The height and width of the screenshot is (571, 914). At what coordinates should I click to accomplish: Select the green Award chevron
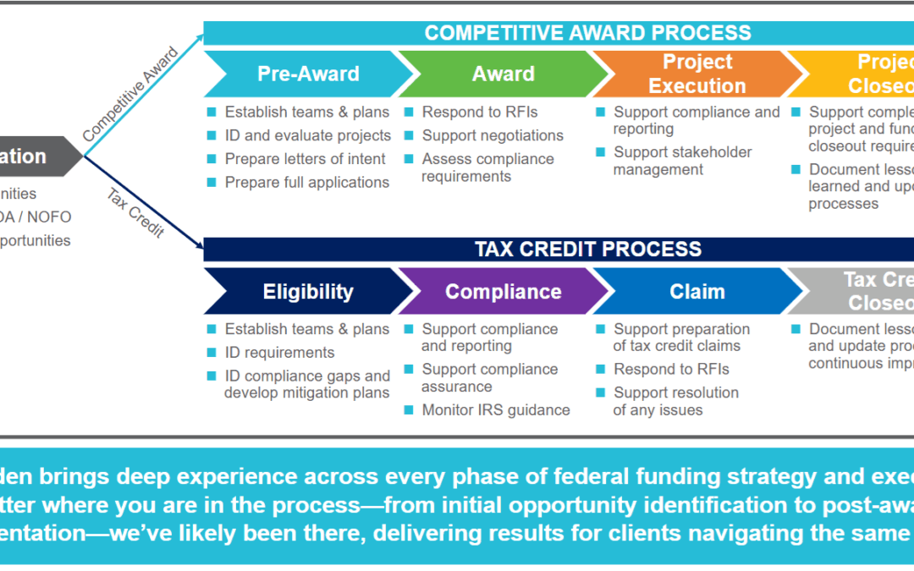503,74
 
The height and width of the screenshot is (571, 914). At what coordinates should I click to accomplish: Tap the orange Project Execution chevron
697,74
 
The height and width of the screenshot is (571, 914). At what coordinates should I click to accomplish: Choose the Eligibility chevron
308,292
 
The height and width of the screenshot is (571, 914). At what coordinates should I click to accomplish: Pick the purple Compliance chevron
503,292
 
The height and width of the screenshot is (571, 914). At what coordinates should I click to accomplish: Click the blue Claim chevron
697,292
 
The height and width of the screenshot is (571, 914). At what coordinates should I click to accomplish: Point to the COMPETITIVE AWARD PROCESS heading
587,33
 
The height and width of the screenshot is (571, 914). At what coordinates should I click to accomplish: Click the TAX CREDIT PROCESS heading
587,249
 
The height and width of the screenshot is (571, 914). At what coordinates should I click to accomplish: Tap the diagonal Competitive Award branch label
130,95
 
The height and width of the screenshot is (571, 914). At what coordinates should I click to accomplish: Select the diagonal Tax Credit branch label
135,212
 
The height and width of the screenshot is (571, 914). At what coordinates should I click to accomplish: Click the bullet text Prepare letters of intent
305,159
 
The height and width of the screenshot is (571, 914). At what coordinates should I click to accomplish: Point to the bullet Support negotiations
493,135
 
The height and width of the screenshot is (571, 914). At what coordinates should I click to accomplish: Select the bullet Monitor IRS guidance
496,410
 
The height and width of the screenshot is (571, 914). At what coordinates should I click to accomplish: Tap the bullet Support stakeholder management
682,161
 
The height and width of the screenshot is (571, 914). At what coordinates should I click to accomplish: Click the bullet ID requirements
279,353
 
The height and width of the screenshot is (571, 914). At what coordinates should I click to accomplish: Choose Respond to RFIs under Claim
671,370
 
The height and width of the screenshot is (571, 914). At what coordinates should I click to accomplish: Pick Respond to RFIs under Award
480,112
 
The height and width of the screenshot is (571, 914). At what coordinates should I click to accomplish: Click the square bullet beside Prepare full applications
212,182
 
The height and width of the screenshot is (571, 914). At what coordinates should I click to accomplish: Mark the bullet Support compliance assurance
489,378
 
